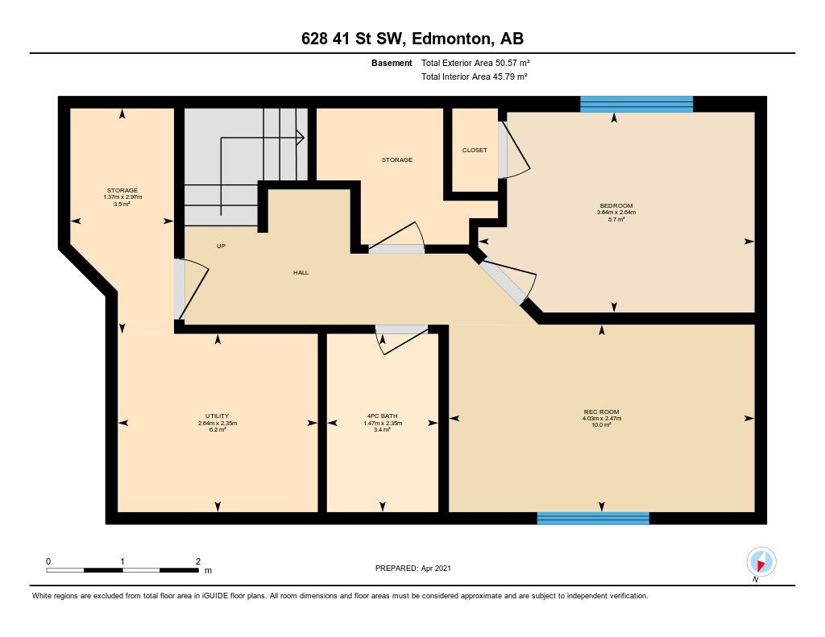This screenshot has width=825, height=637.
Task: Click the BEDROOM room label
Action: pos(616,205)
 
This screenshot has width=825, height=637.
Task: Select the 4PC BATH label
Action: pos(383,416)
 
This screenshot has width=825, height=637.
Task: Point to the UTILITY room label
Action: pos(218,416)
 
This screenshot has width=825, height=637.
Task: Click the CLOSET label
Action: pos(475,150)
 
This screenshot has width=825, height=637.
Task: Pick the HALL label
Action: pos(301,272)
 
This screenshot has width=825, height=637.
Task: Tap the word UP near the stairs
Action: pos(221,246)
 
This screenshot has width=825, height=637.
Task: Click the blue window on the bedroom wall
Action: pos(636,104)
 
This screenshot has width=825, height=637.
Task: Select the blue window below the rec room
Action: pos(593,518)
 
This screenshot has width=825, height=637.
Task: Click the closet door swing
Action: pos(516,150)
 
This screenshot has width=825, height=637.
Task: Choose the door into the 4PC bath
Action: pos(401,339)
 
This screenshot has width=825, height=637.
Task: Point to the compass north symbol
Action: pos(761,562)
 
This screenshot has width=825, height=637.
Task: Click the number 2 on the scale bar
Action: pos(198,561)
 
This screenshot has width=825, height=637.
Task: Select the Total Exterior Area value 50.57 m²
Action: pos(512,63)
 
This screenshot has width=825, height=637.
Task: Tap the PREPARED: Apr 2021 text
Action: pos(413,568)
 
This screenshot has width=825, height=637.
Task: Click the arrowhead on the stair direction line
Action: pos(301,138)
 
